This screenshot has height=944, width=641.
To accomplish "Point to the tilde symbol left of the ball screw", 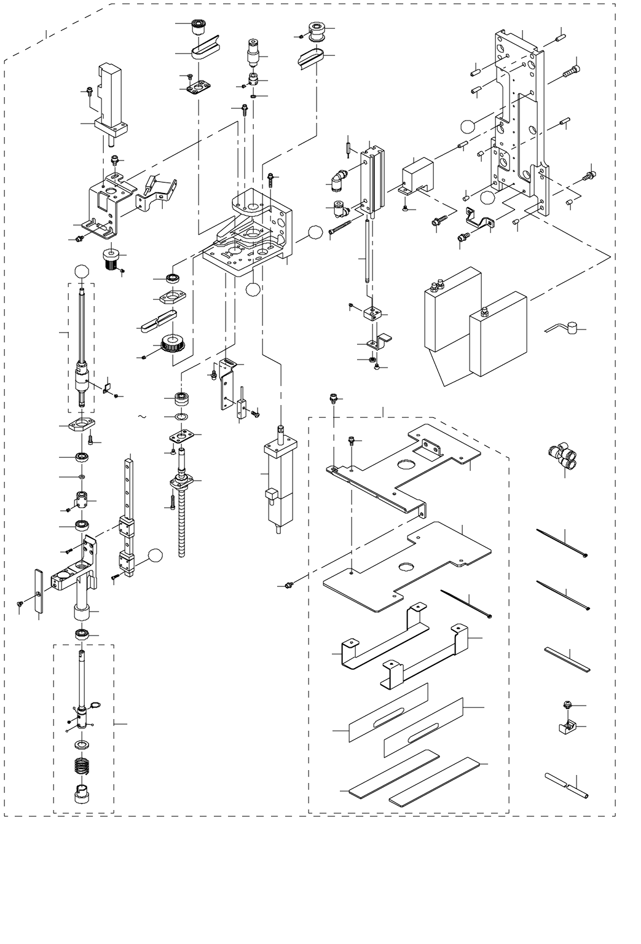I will (x=142, y=417).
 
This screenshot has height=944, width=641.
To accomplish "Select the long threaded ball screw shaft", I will (x=181, y=522).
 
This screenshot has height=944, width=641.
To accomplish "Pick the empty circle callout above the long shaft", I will (x=82, y=271).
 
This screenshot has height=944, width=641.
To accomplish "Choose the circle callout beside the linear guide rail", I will (x=156, y=556).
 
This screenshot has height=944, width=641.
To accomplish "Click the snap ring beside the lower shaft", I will (x=95, y=705).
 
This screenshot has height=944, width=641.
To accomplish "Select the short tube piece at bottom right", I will (x=566, y=785).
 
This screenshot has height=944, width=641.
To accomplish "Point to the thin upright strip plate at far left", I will (x=39, y=591).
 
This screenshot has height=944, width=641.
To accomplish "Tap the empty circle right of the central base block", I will (x=315, y=232).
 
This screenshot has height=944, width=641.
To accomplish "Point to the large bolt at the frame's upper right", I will (x=571, y=71).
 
